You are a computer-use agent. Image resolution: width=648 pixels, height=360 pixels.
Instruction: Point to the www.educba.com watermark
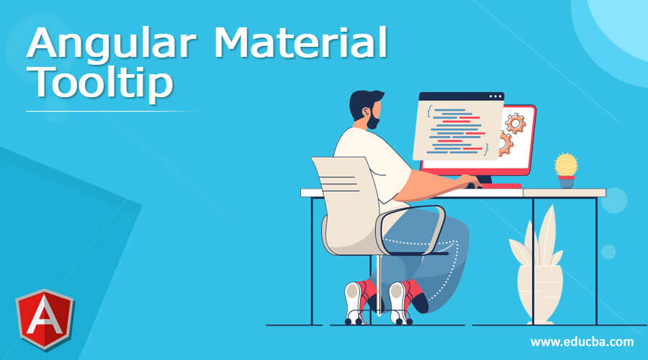click(582, 341)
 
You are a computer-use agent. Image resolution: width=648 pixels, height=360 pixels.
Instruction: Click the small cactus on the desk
click(566, 164)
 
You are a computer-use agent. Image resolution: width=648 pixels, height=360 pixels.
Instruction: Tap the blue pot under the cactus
click(567, 181)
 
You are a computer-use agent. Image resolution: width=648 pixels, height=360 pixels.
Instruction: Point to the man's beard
click(372, 122)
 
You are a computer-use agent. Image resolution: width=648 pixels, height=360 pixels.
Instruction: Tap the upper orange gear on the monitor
click(515, 122)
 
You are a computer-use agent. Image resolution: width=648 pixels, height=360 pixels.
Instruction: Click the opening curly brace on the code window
click(429, 112)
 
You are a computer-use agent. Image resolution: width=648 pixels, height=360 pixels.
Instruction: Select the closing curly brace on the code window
click(487, 148)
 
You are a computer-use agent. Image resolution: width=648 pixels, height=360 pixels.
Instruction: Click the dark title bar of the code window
click(461, 96)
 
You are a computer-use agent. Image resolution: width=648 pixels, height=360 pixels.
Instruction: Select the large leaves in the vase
click(536, 238)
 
